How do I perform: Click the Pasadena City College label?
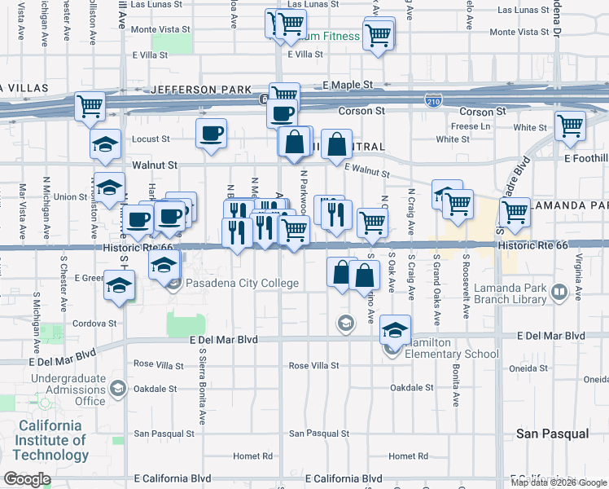tap(243, 284)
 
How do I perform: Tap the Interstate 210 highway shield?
tap(433, 99)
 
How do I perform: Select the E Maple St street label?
tap(347, 85)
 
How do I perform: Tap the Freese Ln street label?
tap(471, 126)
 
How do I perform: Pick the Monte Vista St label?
tap(160, 29)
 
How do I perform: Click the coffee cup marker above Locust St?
tap(212, 133)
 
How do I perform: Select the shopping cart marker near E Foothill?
tap(571, 126)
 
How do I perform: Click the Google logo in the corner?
tap(27, 479)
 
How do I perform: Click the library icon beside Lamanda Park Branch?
tap(559, 292)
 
